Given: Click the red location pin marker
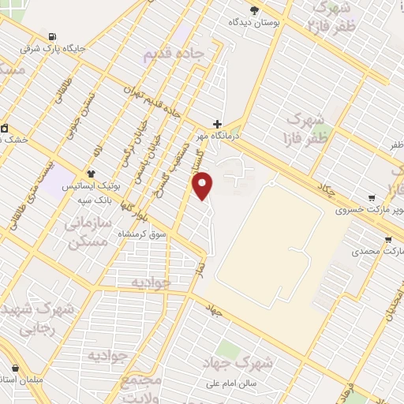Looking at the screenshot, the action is coord(204,185).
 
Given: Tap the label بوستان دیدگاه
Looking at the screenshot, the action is coord(255,23).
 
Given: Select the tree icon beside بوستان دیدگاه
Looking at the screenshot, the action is coord(254,9).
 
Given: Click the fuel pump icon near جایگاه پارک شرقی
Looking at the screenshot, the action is coord(52,36).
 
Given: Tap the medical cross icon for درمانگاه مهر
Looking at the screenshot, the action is coord(218,124).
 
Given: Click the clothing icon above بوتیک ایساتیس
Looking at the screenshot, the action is coord(91,173).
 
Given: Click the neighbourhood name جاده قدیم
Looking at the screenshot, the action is coord(173,55).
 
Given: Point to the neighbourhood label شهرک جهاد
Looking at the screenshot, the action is coord(253,363).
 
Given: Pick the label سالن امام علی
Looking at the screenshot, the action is coord(234,384).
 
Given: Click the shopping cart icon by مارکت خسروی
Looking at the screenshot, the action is coord(371,198).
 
